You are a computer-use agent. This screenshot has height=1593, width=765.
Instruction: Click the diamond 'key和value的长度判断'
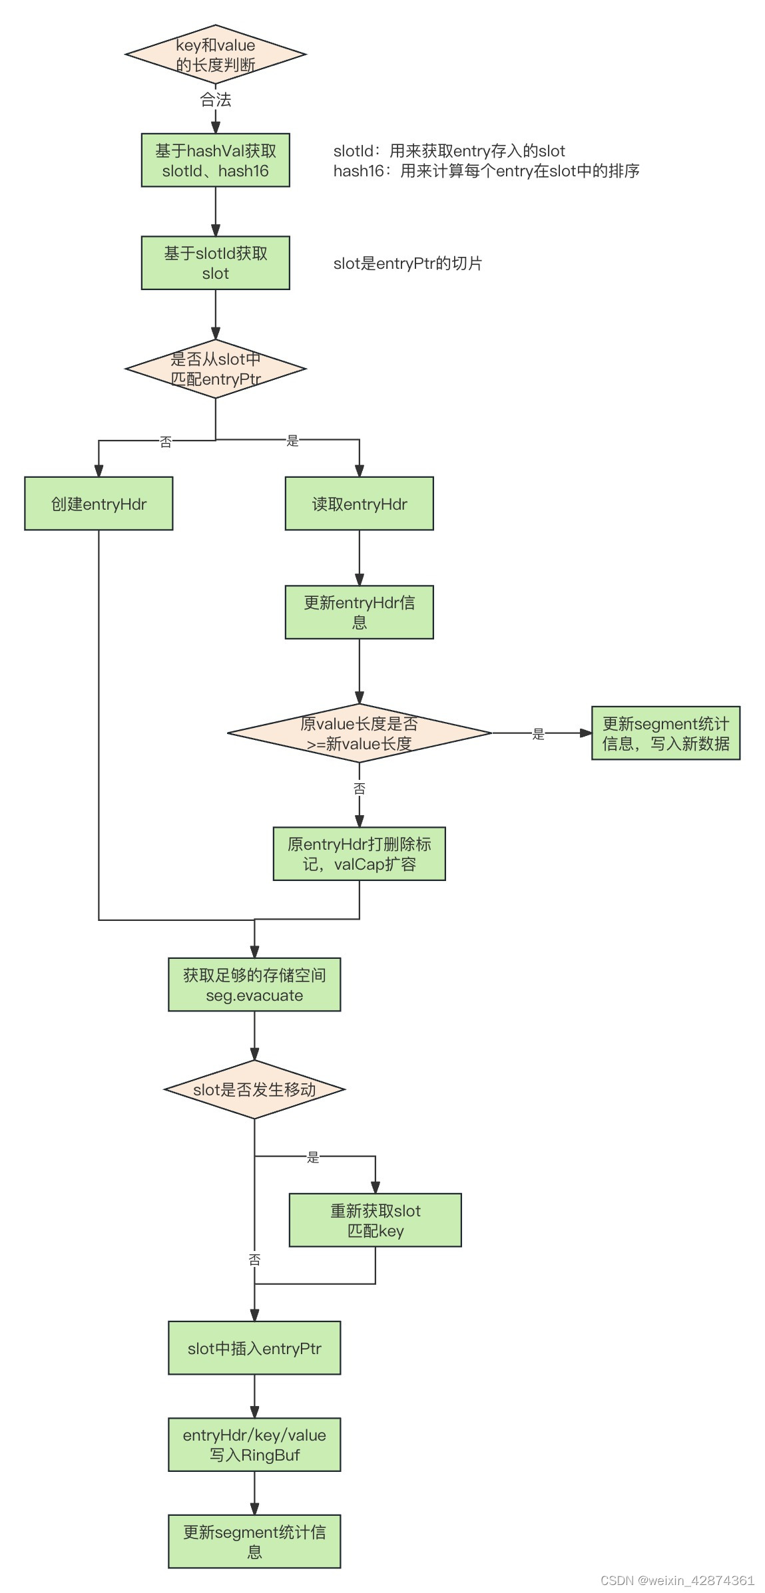pyautogui.click(x=215, y=55)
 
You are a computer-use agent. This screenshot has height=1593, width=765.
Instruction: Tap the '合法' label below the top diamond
pyautogui.click(x=215, y=100)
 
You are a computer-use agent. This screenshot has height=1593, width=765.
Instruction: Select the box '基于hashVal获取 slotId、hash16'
pyautogui.click(x=215, y=160)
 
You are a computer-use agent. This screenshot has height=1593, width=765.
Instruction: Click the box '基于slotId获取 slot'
pyautogui.click(x=215, y=263)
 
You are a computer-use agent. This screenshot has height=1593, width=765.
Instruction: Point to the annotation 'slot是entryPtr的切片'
pyautogui.click(x=407, y=264)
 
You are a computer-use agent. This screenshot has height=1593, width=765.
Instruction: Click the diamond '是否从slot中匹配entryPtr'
pyautogui.click(x=215, y=369)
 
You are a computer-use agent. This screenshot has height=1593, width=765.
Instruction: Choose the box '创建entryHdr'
pyautogui.click(x=99, y=504)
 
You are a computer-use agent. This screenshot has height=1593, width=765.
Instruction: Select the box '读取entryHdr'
pyautogui.click(x=359, y=504)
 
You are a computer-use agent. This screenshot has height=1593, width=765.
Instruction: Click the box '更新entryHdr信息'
pyautogui.click(x=359, y=612)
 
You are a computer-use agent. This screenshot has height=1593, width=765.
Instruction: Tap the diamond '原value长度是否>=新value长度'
pyautogui.click(x=359, y=733)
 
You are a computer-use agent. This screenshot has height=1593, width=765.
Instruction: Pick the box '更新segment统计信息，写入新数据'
pyautogui.click(x=665, y=733)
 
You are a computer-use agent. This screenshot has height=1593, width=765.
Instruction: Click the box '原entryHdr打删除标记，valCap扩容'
pyautogui.click(x=359, y=854)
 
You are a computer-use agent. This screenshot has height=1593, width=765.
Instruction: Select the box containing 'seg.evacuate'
pyautogui.click(x=254, y=985)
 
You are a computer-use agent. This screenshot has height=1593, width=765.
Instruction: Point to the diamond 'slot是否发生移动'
pyautogui.click(x=254, y=1089)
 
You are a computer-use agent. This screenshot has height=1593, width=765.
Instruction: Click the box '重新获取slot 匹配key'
pyautogui.click(x=375, y=1220)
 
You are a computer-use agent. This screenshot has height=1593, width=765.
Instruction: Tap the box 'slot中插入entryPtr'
pyautogui.click(x=254, y=1348)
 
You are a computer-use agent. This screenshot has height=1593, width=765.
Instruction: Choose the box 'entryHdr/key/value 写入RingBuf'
pyautogui.click(x=254, y=1445)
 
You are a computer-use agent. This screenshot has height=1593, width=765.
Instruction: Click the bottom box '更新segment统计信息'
pyautogui.click(x=254, y=1541)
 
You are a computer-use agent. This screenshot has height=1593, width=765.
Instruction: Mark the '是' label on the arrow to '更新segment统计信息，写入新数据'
pyautogui.click(x=538, y=734)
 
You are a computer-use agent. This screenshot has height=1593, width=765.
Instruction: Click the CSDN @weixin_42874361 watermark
pyautogui.click(x=677, y=1580)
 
